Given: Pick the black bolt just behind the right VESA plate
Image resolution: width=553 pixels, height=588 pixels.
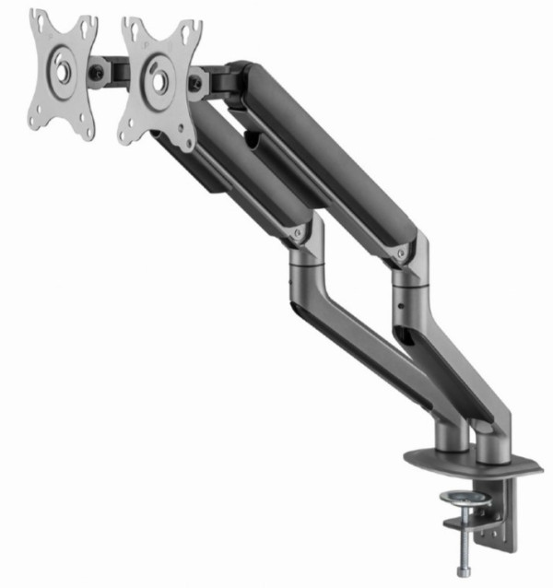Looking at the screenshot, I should (195, 85).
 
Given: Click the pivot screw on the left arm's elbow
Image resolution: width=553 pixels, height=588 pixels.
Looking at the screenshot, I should (298, 235).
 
